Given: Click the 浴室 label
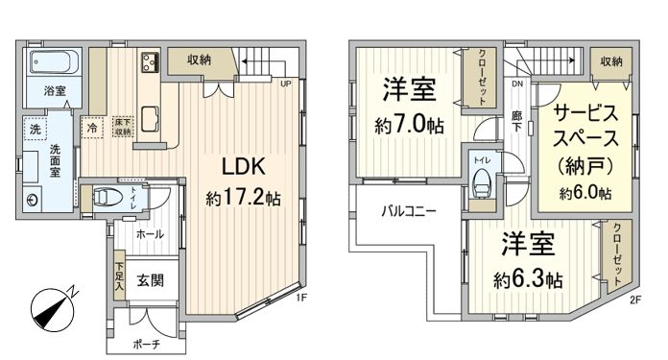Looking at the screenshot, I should pyautogui.click(x=55, y=92).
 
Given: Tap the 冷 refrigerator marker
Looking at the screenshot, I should pyautogui.click(x=92, y=126).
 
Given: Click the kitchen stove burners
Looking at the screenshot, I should pyautogui.click(x=151, y=63).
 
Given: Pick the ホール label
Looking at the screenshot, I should pyautogui.click(x=149, y=233).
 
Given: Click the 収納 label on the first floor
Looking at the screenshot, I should pyautogui.click(x=200, y=60).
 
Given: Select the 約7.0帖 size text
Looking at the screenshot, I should pyautogui.click(x=410, y=124).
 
